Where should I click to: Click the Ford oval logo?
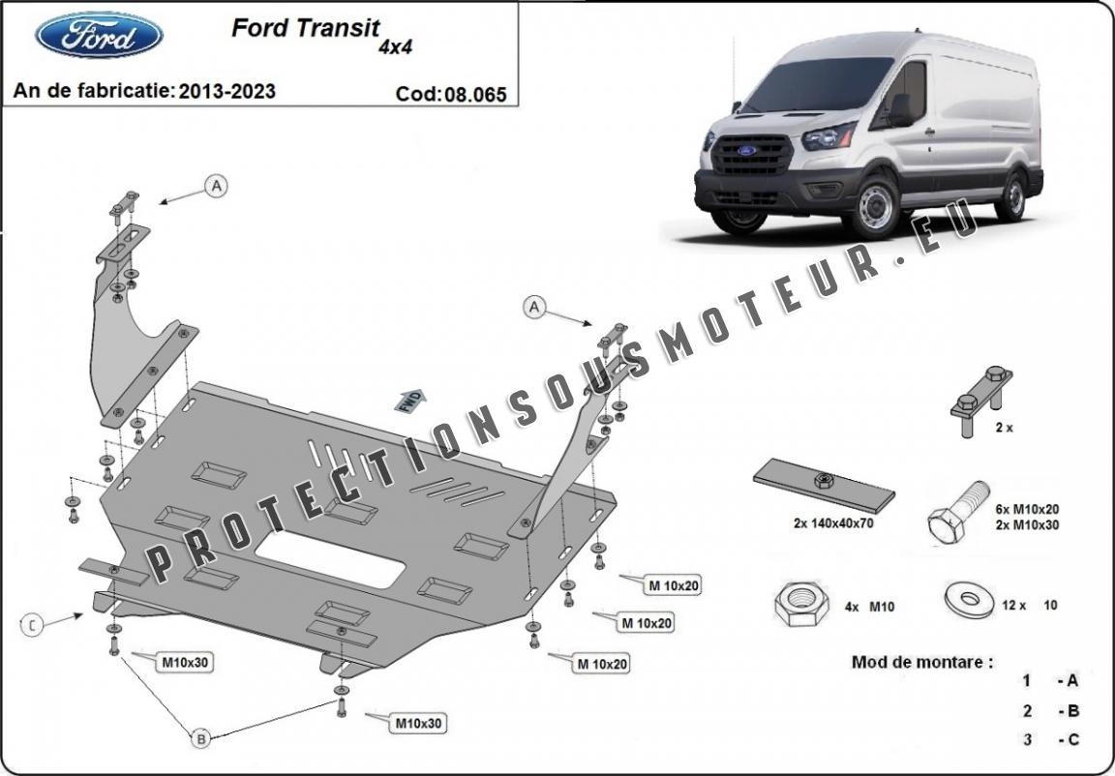[x=98, y=36]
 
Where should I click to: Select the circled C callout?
[x=32, y=626]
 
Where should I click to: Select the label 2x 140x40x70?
[x=835, y=523]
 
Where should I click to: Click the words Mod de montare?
[x=921, y=663]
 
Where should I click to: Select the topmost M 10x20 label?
[x=673, y=584]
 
